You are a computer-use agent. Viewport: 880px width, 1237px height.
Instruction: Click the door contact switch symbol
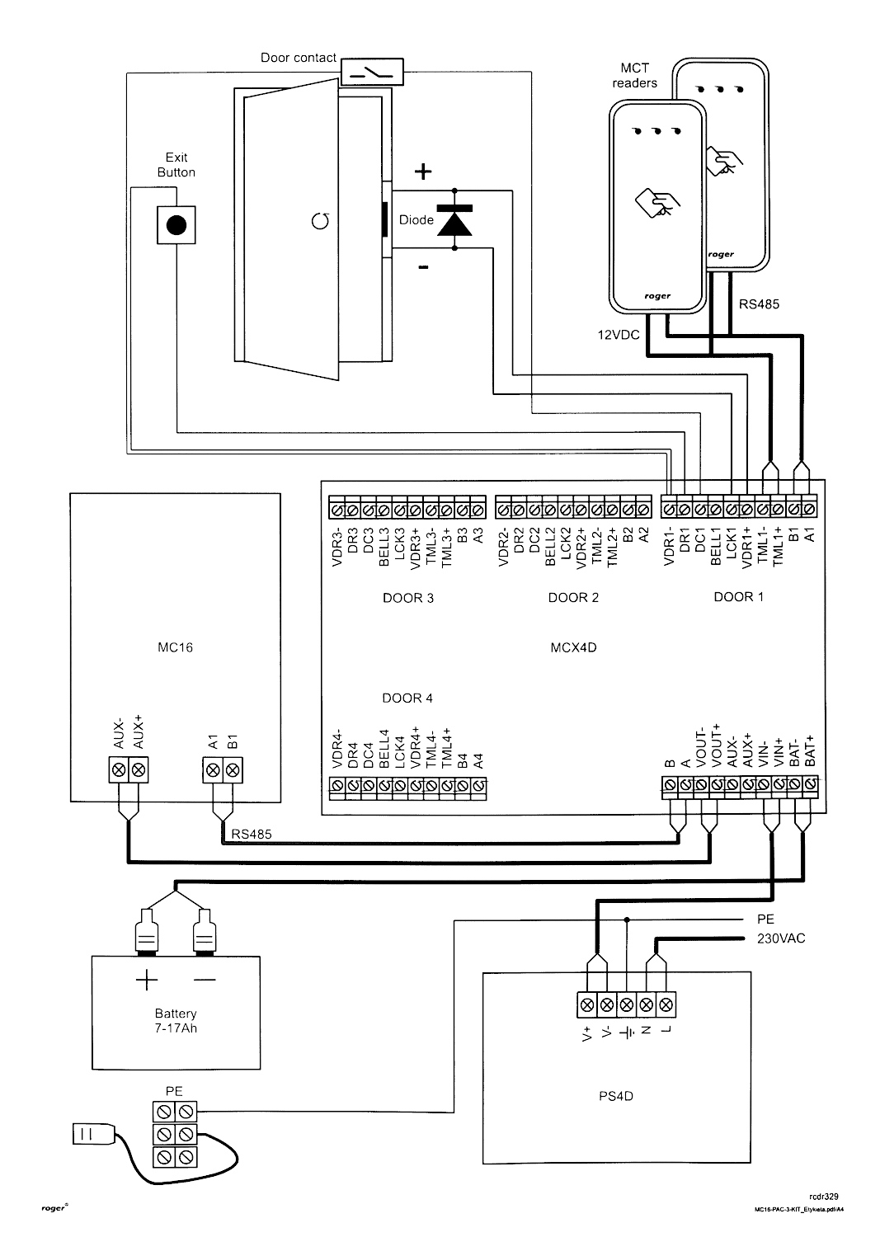pyautogui.click(x=371, y=73)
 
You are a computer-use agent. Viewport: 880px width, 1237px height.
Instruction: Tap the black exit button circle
pyautogui.click(x=176, y=225)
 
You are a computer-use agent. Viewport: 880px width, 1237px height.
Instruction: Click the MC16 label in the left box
pyautogui.click(x=175, y=647)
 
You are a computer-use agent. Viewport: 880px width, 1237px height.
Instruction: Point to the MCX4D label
pyautogui.click(x=573, y=647)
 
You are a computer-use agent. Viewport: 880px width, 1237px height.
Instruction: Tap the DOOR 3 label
pyautogui.click(x=408, y=598)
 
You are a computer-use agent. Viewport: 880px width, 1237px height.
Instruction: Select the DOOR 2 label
pyautogui.click(x=573, y=598)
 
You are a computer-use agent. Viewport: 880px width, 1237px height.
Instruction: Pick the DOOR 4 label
pyautogui.click(x=407, y=698)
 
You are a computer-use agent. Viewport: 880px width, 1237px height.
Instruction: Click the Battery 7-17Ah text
pyautogui.click(x=176, y=1021)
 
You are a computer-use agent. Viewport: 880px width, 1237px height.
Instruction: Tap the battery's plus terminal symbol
pyautogui.click(x=147, y=980)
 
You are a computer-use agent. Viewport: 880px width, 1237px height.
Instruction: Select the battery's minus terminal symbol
pyautogui.click(x=205, y=980)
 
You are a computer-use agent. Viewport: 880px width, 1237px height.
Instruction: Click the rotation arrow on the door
pyautogui.click(x=321, y=219)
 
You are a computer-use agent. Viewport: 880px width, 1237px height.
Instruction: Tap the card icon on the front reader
pyautogui.click(x=657, y=203)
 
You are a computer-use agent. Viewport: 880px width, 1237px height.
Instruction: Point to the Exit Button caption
pyautogui.click(x=176, y=165)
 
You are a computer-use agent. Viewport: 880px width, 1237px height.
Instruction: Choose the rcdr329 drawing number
pyautogui.click(x=825, y=1194)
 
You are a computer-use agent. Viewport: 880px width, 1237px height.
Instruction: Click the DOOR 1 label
pyautogui.click(x=738, y=597)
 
